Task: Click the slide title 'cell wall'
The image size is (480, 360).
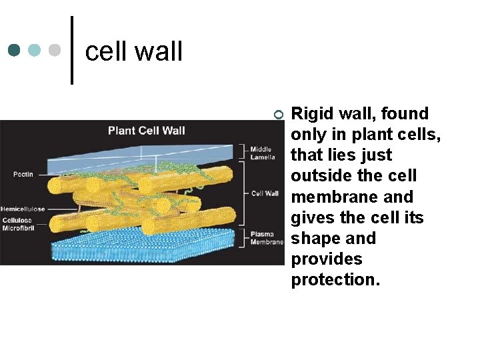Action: click(134, 51)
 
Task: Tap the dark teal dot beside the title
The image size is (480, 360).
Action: click(15, 50)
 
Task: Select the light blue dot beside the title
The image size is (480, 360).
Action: click(35, 50)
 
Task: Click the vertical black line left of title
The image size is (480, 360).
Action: click(72, 50)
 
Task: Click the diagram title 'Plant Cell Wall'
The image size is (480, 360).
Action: click(146, 130)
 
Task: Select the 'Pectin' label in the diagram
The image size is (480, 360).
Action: click(23, 174)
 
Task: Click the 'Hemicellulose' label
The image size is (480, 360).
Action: click(23, 209)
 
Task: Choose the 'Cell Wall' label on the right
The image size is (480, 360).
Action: click(265, 193)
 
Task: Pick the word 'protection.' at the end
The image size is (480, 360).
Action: click(335, 280)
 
